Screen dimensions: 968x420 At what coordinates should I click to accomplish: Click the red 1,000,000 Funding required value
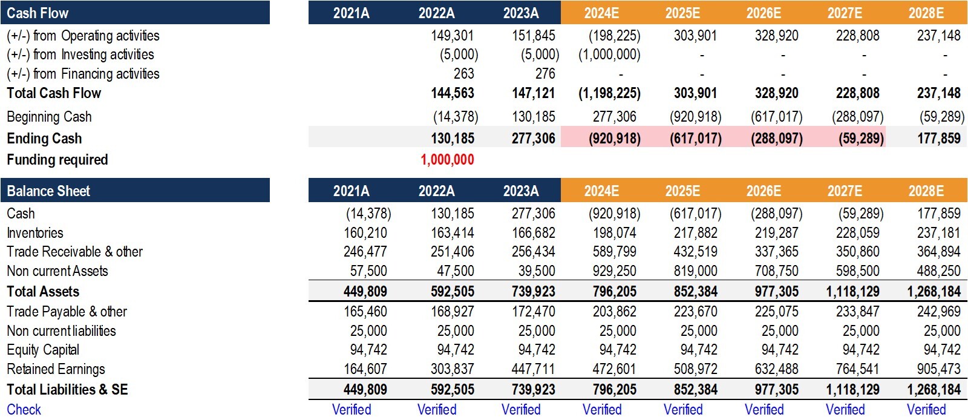click(447, 160)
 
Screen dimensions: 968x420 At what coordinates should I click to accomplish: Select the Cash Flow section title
click(38, 13)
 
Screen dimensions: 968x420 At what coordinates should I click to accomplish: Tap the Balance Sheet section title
click(48, 191)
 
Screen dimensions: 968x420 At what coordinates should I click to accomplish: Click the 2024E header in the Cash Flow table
click(601, 13)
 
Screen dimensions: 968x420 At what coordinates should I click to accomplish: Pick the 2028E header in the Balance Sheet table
click(926, 191)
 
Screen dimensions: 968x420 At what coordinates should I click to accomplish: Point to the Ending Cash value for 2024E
click(615, 138)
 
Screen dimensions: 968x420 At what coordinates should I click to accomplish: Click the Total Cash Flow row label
click(54, 93)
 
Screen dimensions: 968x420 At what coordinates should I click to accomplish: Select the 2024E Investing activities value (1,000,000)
click(609, 54)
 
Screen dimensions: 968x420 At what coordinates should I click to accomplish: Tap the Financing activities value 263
click(463, 74)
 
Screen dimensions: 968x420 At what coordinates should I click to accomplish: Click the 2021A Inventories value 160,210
click(365, 233)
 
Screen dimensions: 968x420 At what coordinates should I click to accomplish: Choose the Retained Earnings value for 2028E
click(938, 369)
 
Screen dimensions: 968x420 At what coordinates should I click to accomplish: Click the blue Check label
click(24, 409)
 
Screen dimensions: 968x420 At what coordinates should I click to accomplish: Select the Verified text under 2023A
click(521, 409)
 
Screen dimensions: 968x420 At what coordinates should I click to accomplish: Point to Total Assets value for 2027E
click(852, 292)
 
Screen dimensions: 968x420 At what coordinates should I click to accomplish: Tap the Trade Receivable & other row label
click(75, 252)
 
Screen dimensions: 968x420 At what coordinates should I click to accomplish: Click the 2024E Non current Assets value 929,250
click(615, 271)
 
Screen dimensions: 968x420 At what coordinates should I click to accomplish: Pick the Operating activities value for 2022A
click(453, 36)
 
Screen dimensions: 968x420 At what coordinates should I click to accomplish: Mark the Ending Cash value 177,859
click(939, 138)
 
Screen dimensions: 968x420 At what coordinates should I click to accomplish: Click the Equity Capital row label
click(43, 350)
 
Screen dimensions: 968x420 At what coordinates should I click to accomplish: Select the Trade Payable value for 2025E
click(696, 312)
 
